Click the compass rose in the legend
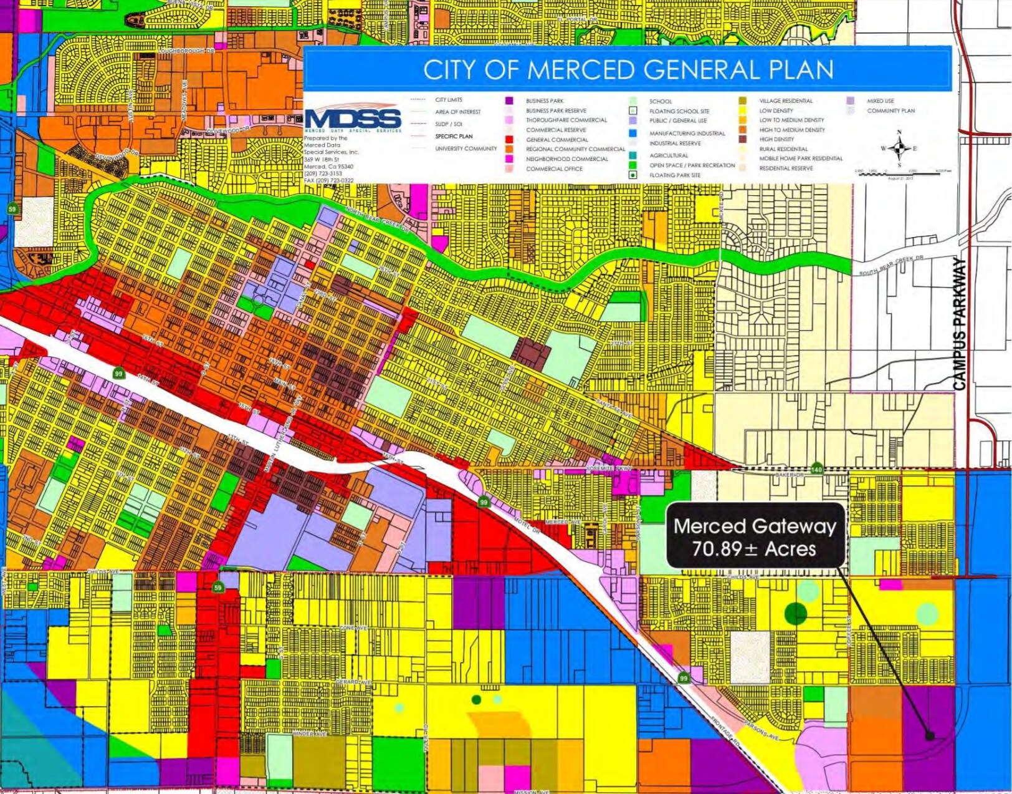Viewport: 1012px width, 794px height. [x=899, y=148]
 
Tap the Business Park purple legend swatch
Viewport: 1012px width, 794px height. [x=509, y=100]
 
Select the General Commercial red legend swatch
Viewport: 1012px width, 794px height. [x=509, y=140]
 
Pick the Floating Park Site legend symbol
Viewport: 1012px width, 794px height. [x=632, y=175]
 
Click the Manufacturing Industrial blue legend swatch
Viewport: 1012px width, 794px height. [x=632, y=133]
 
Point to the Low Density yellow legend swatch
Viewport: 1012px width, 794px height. [x=742, y=110]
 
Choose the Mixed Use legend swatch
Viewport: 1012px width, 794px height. [x=850, y=100]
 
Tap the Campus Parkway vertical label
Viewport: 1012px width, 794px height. [x=960, y=324]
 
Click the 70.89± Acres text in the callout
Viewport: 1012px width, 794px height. [x=754, y=549]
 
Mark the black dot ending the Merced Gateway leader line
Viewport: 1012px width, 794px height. [x=930, y=736]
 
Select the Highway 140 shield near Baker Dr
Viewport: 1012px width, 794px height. [x=816, y=468]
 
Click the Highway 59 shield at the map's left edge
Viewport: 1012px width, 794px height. [x=12, y=209]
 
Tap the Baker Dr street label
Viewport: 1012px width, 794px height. [x=789, y=475]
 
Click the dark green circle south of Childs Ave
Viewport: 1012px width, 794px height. [x=795, y=614]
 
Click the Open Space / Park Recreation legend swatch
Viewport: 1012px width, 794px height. [x=632, y=165]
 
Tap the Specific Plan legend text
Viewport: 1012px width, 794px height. [x=454, y=136]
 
